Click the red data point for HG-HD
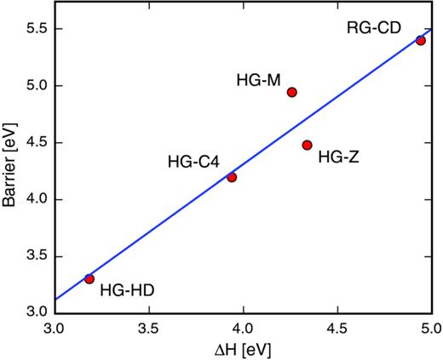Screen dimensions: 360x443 click(89, 278)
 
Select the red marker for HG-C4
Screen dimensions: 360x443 click(232, 177)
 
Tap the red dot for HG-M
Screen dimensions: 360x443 click(292, 92)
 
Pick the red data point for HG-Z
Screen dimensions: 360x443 click(307, 145)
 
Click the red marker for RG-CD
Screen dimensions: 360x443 click(421, 40)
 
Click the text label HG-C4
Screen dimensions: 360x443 click(193, 160)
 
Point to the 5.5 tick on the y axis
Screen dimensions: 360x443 click(32, 29)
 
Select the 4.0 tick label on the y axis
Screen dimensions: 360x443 click(32, 199)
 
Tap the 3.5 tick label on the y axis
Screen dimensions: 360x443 click(32, 256)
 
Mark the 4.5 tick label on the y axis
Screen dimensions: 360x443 click(32, 143)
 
